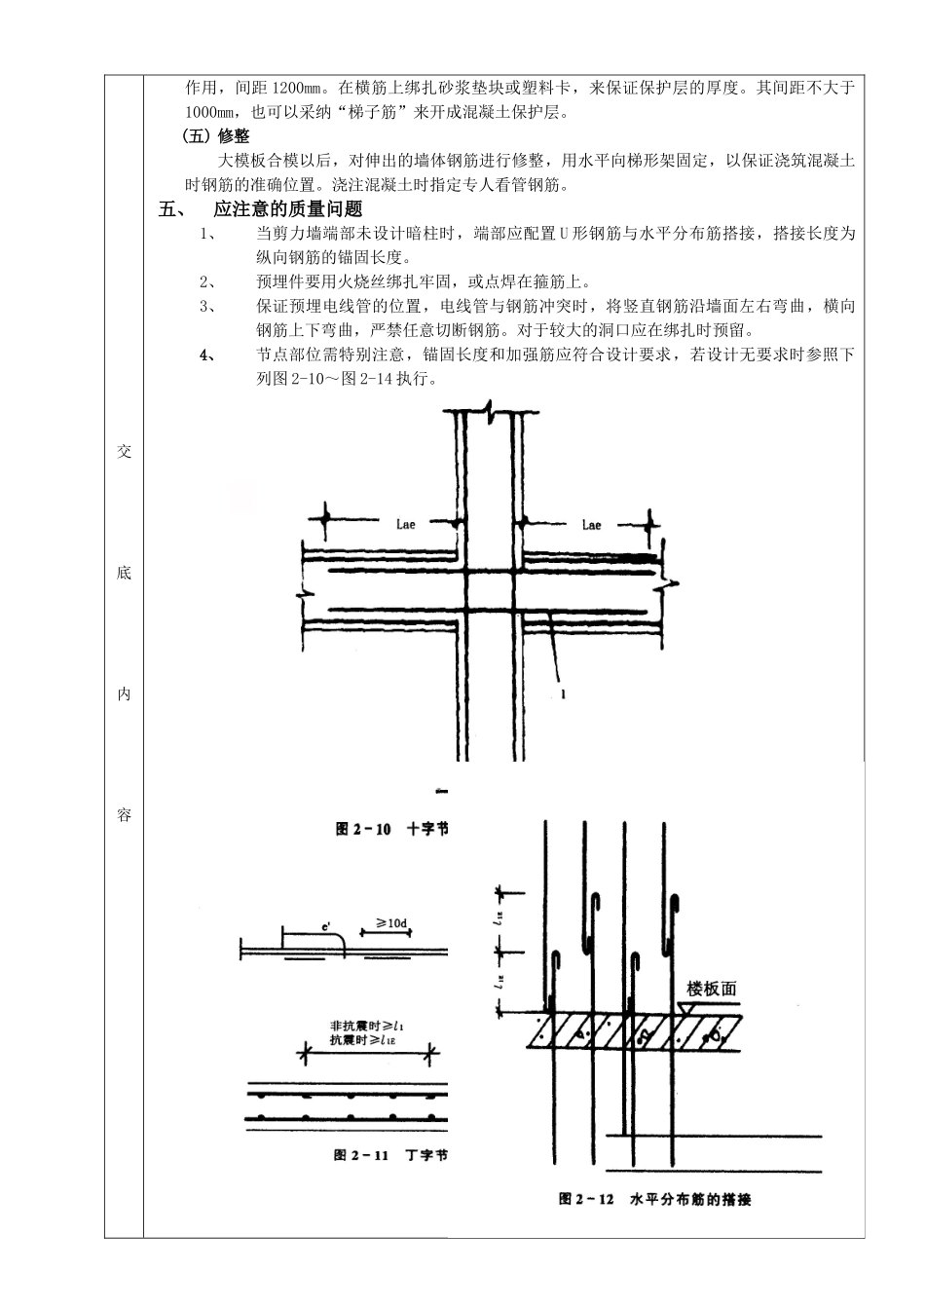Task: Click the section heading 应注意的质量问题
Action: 287,209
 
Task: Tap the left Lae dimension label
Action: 406,525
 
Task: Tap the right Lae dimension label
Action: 591,525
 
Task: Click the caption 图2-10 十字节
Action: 391,829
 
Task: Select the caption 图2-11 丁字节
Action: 390,1155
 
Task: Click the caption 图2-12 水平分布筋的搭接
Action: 654,1200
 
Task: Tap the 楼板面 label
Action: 712,989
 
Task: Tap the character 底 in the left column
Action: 124,573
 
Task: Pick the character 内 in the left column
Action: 124,693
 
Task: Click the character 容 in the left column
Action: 124,814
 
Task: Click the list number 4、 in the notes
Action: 207,355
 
